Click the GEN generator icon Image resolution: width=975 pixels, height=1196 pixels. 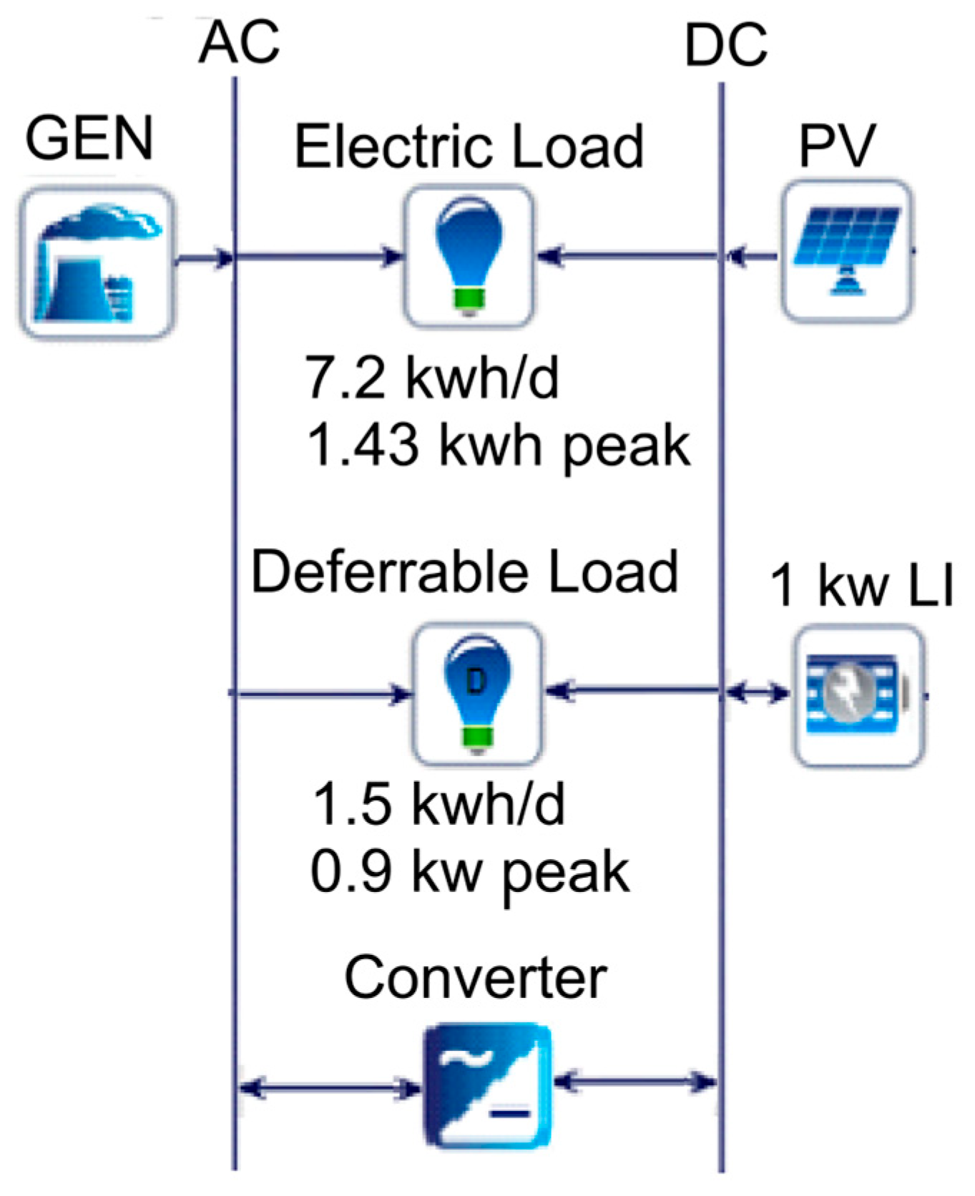pyautogui.click(x=96, y=263)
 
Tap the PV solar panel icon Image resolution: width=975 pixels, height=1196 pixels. pyautogui.click(x=847, y=250)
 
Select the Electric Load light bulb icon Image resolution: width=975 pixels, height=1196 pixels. pyautogui.click(x=469, y=256)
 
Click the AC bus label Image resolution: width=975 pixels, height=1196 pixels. pyautogui.click(x=239, y=43)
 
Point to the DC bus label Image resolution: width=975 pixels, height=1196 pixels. pyautogui.click(x=725, y=46)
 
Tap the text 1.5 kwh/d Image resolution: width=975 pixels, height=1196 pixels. pyautogui.click(x=438, y=804)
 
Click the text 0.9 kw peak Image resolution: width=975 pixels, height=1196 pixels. pyautogui.click(x=470, y=872)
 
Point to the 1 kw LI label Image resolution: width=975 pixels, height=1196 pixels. pyautogui.click(x=861, y=586)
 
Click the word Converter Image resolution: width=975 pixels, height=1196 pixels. pyautogui.click(x=475, y=978)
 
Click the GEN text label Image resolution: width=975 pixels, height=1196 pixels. pyautogui.click(x=89, y=138)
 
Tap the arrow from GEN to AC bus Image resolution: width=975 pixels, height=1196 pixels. pyautogui.click(x=205, y=258)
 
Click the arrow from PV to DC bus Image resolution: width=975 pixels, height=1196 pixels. pyautogui.click(x=751, y=255)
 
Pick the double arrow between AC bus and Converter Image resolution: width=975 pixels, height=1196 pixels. pyautogui.click(x=330, y=1089)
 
